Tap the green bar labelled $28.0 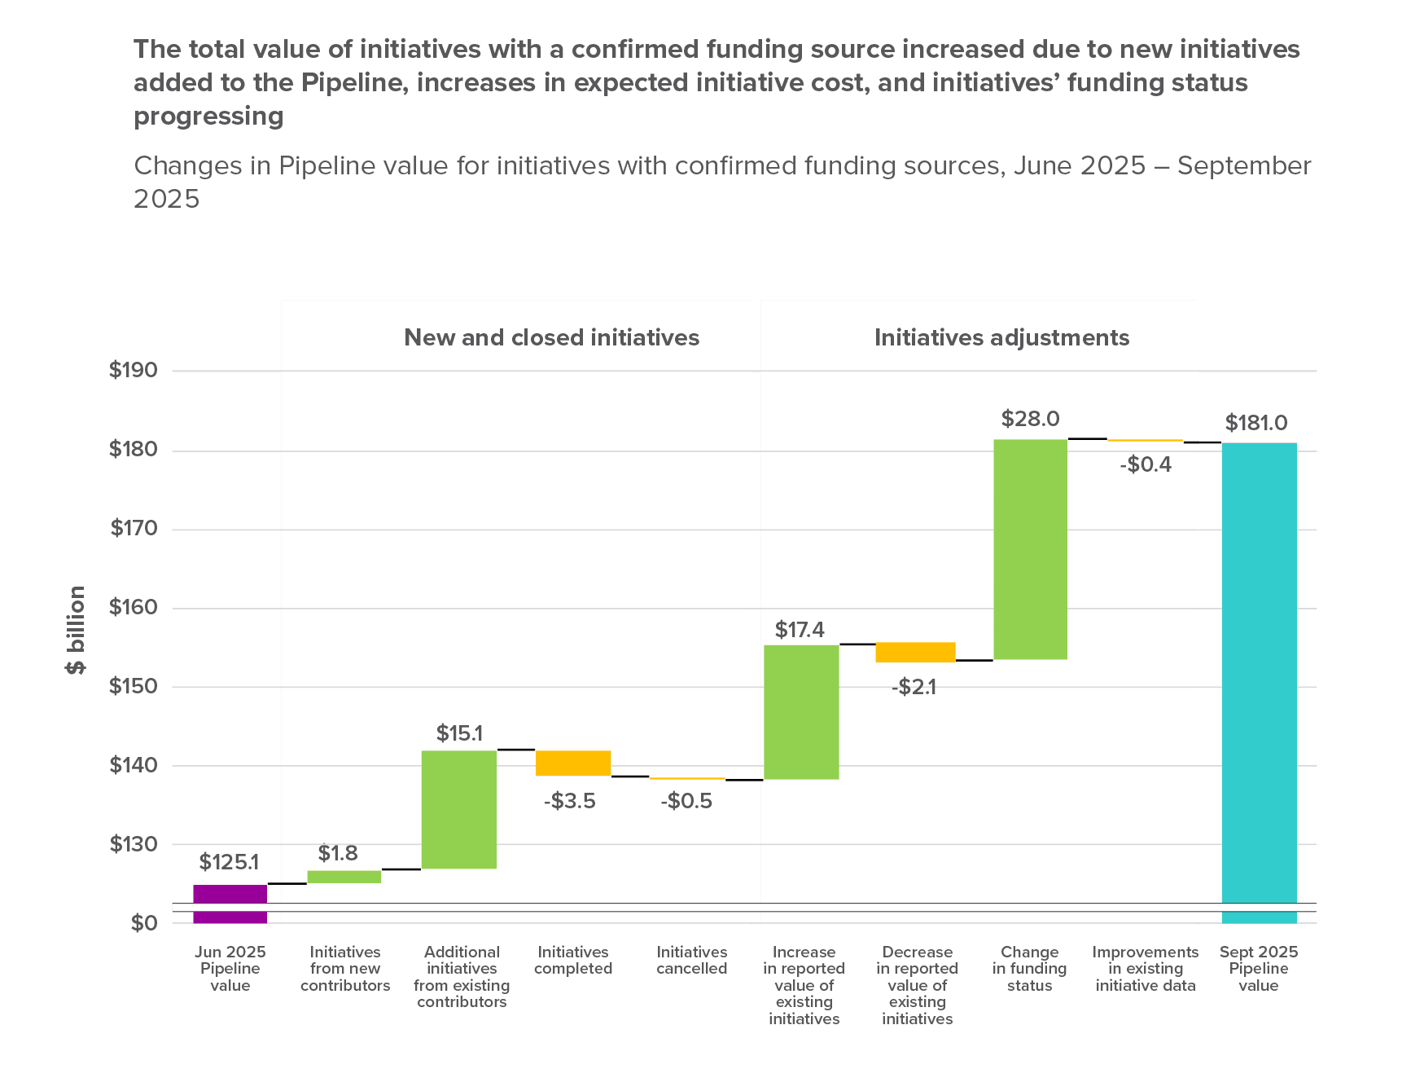1030,549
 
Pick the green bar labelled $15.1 459,809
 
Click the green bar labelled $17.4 801,711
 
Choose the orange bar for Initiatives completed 573,763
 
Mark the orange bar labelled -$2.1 915,652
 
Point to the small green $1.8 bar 344,877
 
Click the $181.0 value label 1256,423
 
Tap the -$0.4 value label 1146,464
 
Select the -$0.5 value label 686,801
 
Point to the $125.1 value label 229,861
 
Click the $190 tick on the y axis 133,371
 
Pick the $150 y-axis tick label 133,686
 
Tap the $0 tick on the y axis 144,923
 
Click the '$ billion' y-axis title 76,630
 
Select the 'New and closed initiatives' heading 551,337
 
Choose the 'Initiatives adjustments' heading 1001,337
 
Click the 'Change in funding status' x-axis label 1030,968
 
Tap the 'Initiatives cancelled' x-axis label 692,960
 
